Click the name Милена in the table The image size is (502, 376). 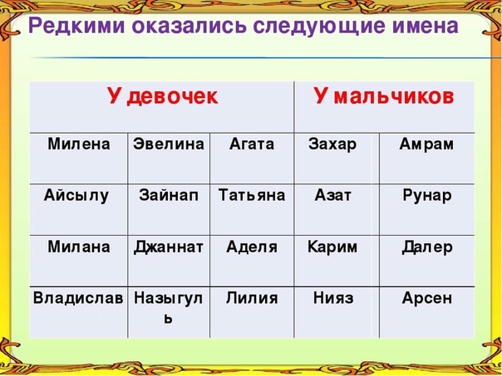(79, 144)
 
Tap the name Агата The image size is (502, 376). (252, 144)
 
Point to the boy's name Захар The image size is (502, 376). (332, 144)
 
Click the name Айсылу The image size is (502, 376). (76, 196)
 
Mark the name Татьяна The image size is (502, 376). (252, 195)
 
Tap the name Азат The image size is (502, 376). (332, 195)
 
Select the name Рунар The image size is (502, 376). (427, 196)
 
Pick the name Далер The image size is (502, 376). (427, 248)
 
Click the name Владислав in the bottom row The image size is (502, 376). (78, 298)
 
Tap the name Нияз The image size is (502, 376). (333, 298)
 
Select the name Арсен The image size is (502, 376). (427, 299)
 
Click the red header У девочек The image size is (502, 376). (163, 96)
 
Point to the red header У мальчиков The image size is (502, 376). (383, 95)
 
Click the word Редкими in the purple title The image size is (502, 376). (76, 27)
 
